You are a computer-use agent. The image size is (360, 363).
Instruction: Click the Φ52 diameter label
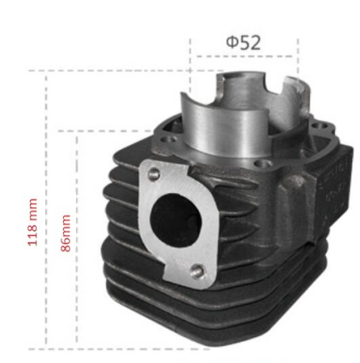pos(243,42)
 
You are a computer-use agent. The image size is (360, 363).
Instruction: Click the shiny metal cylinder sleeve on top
pos(226,121)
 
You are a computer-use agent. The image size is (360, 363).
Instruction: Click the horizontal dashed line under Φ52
pos(243,57)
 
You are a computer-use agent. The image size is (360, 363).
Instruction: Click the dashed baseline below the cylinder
pos(121,348)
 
